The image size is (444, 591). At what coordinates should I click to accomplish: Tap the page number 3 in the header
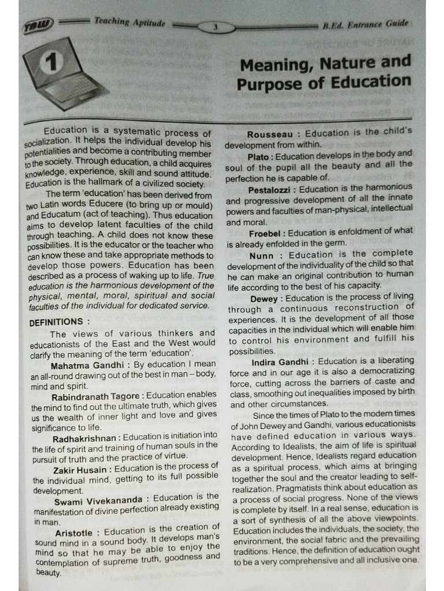(215, 27)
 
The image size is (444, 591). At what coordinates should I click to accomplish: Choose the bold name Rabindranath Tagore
(95, 397)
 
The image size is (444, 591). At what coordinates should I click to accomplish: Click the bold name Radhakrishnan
(86, 439)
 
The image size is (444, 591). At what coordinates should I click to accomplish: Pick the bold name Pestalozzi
(271, 189)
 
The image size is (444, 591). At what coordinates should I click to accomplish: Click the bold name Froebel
(266, 233)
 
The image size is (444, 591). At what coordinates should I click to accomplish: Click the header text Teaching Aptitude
(129, 22)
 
